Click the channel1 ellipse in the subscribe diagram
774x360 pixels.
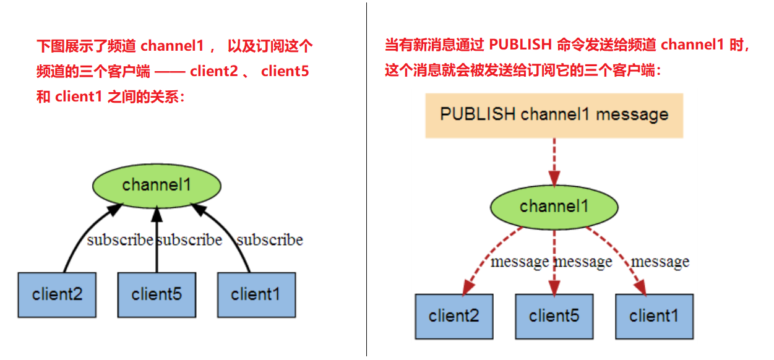157,184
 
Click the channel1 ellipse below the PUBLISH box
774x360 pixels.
554,206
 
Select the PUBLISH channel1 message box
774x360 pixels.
554,115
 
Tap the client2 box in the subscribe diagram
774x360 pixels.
57,295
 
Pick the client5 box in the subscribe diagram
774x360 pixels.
157,295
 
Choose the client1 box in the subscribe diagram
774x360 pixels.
256,295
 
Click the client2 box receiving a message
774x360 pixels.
454,316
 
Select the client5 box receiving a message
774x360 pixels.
554,316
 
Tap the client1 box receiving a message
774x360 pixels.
654,316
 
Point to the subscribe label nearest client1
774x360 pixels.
270,240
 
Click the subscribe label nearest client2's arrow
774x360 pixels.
119,240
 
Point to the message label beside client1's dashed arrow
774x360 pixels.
660,262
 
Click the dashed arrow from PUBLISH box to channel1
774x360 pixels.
554,161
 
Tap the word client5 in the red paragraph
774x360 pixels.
285,71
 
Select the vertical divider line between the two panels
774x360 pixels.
366,179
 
